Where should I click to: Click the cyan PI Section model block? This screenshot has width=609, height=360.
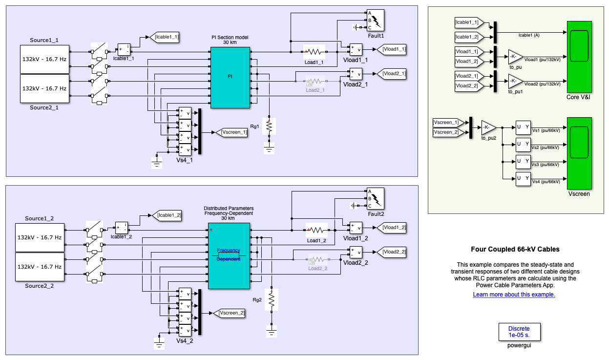[x=231, y=77]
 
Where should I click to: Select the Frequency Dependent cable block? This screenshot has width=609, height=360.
[x=229, y=255]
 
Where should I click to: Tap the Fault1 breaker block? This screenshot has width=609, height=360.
[x=376, y=20]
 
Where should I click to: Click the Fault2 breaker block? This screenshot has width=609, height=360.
[x=376, y=198]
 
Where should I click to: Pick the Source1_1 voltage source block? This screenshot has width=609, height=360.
[x=44, y=59]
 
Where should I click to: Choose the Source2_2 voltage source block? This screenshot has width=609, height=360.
[x=40, y=267]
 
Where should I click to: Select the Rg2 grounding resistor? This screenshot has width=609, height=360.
[x=272, y=300]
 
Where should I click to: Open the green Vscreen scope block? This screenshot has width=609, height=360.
[x=579, y=153]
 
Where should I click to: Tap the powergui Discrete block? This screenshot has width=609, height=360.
[x=519, y=332]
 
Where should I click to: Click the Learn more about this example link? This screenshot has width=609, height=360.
[x=514, y=295]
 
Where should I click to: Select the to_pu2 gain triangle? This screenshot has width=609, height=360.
[x=488, y=127]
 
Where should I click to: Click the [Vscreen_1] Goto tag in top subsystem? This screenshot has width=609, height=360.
[x=233, y=132]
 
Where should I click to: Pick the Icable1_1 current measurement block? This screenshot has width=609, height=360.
[x=124, y=49]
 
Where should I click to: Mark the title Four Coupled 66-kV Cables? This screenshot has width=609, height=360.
[x=515, y=249]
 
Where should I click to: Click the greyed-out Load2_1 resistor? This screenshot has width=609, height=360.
[x=315, y=82]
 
